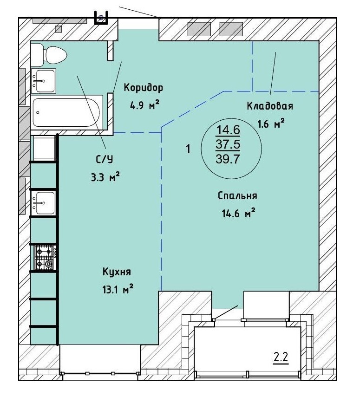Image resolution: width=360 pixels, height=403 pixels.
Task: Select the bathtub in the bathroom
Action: (x=66, y=112)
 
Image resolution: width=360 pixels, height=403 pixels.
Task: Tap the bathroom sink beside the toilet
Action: (x=44, y=81)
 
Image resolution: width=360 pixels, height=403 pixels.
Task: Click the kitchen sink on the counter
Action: (x=44, y=203)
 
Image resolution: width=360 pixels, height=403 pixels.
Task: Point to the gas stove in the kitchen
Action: (x=46, y=258)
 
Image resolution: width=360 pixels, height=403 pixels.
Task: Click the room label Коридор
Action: (x=144, y=88)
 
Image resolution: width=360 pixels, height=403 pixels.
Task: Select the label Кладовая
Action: (x=270, y=106)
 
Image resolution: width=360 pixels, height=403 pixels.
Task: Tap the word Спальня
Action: (x=237, y=196)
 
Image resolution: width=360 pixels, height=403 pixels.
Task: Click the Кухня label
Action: (x=117, y=272)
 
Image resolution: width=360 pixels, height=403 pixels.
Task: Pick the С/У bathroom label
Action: (x=105, y=159)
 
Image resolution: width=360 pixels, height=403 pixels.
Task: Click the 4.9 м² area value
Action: (x=144, y=105)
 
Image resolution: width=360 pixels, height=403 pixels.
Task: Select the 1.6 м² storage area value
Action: (x=271, y=124)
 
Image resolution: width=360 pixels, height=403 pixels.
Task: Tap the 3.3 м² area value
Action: (x=105, y=177)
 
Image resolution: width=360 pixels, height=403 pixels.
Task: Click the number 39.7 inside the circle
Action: (x=228, y=159)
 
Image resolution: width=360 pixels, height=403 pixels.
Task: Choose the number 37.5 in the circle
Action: (x=228, y=144)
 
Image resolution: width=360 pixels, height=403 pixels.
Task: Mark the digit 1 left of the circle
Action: (x=188, y=149)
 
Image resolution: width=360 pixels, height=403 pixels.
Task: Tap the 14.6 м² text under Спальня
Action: (x=238, y=213)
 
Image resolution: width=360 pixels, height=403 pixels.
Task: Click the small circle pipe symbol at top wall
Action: (x=101, y=18)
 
